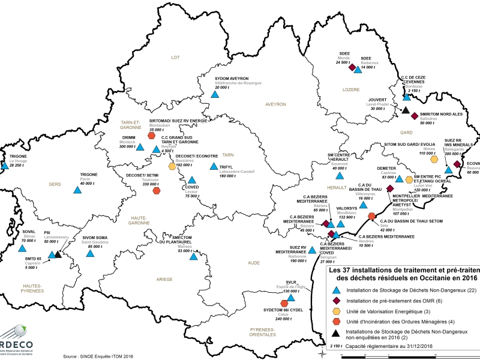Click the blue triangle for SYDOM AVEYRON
pyautogui.click(x=215, y=94)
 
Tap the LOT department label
pyautogui.click(x=176, y=58)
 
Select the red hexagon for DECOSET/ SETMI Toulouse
pyautogui.click(x=157, y=191)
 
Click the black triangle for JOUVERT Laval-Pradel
pyautogui.click(x=406, y=110)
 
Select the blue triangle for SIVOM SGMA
pyautogui.click(x=90, y=253)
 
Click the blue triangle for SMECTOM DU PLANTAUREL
pyautogui.click(x=193, y=257)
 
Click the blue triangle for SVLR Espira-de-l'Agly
pyautogui.click(x=291, y=297)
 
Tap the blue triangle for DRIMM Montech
pyautogui.click(x=140, y=146)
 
